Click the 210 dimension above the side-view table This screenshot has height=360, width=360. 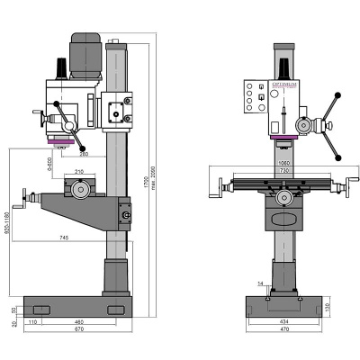tap(79, 171)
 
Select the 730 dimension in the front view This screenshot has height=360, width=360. tap(285, 171)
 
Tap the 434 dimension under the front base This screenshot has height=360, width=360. tap(285, 321)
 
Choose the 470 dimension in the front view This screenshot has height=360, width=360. tap(285, 330)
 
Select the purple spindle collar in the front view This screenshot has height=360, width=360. tap(285, 138)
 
